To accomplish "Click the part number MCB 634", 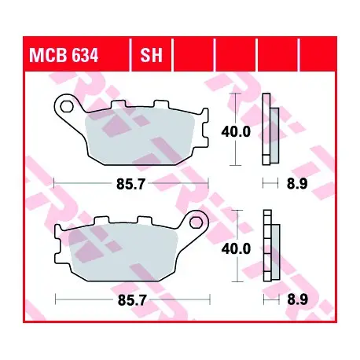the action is pyautogui.click(x=64, y=55).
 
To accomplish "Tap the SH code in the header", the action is pyautogui.click(x=151, y=55).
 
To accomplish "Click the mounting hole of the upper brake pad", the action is pyautogui.click(x=67, y=106).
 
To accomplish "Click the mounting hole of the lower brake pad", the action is pyautogui.click(x=197, y=222).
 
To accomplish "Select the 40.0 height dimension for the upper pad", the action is pyautogui.click(x=236, y=131).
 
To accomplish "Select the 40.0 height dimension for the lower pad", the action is pyautogui.click(x=236, y=248).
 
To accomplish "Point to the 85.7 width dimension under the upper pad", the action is pyautogui.click(x=130, y=184).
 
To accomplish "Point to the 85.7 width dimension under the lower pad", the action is pyautogui.click(x=132, y=300).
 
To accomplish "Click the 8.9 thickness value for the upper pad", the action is pyautogui.click(x=297, y=184).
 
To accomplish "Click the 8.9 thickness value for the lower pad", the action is pyautogui.click(x=298, y=300).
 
